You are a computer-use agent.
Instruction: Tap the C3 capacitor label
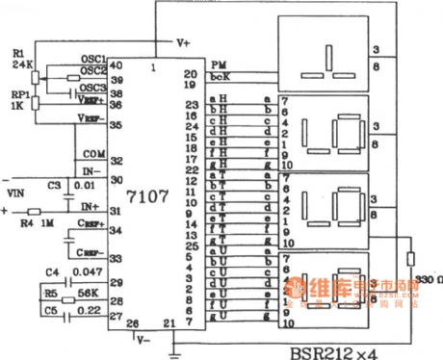(x=54, y=184)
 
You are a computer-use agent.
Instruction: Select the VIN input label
(x=16, y=193)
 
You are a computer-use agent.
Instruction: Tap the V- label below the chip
(x=143, y=339)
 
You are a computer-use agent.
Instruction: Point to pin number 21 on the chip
(x=169, y=323)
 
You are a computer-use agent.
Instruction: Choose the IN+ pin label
(x=92, y=206)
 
